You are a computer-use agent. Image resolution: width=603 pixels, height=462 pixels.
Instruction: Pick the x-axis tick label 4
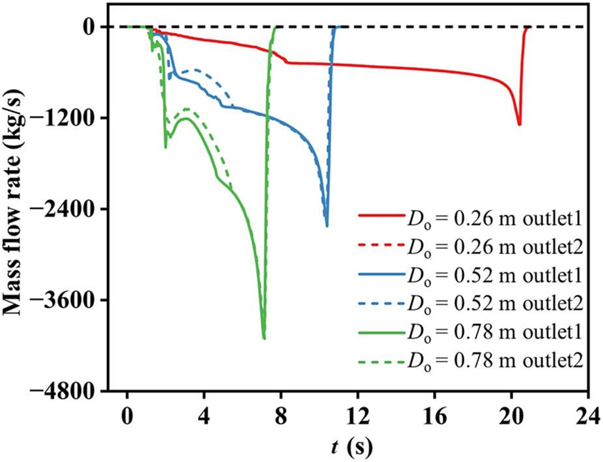204,416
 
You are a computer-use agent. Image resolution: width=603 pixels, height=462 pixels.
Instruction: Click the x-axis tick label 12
358,416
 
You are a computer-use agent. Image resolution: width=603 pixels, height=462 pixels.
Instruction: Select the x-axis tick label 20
511,416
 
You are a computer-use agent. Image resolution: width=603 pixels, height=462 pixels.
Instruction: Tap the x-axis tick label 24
589,416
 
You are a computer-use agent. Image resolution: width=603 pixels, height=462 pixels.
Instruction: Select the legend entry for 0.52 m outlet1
471,274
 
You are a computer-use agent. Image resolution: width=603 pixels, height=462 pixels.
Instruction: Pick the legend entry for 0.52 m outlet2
471,303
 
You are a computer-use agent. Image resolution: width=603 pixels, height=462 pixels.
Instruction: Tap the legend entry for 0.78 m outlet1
471,332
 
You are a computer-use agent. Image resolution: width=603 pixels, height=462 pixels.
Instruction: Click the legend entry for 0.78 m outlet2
471,360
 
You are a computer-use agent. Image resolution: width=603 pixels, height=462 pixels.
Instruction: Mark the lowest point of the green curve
264,339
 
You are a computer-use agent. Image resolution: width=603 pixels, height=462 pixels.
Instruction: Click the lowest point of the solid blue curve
327,226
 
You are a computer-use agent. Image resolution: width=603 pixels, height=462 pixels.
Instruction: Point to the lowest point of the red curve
519,125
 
